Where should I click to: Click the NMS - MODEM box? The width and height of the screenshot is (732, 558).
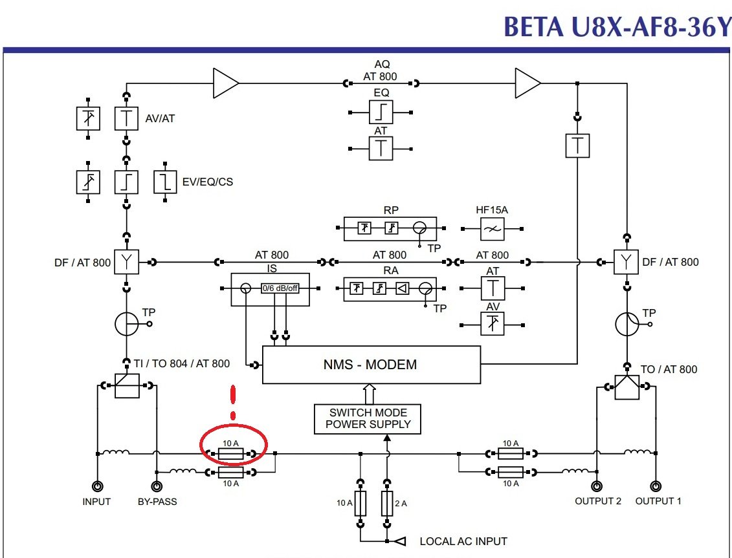[370, 365]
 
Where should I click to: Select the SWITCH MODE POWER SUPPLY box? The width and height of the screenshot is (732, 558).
[368, 418]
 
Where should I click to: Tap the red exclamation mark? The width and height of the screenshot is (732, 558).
[233, 402]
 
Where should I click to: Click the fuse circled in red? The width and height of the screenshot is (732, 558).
[230, 454]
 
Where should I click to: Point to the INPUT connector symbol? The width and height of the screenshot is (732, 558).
[98, 487]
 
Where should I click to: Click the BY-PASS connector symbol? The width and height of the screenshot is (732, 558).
[157, 487]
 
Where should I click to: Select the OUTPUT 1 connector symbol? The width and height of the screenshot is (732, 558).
[656, 487]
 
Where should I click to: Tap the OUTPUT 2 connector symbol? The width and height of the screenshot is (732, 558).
[595, 487]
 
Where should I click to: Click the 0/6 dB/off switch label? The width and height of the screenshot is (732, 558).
[280, 288]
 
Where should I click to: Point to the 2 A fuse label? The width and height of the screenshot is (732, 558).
[403, 502]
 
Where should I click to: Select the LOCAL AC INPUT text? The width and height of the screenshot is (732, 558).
[463, 541]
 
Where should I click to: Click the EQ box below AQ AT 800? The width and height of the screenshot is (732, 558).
[381, 112]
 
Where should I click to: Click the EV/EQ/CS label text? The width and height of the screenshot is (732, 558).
[207, 182]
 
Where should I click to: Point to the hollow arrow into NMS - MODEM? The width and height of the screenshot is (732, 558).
[369, 393]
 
